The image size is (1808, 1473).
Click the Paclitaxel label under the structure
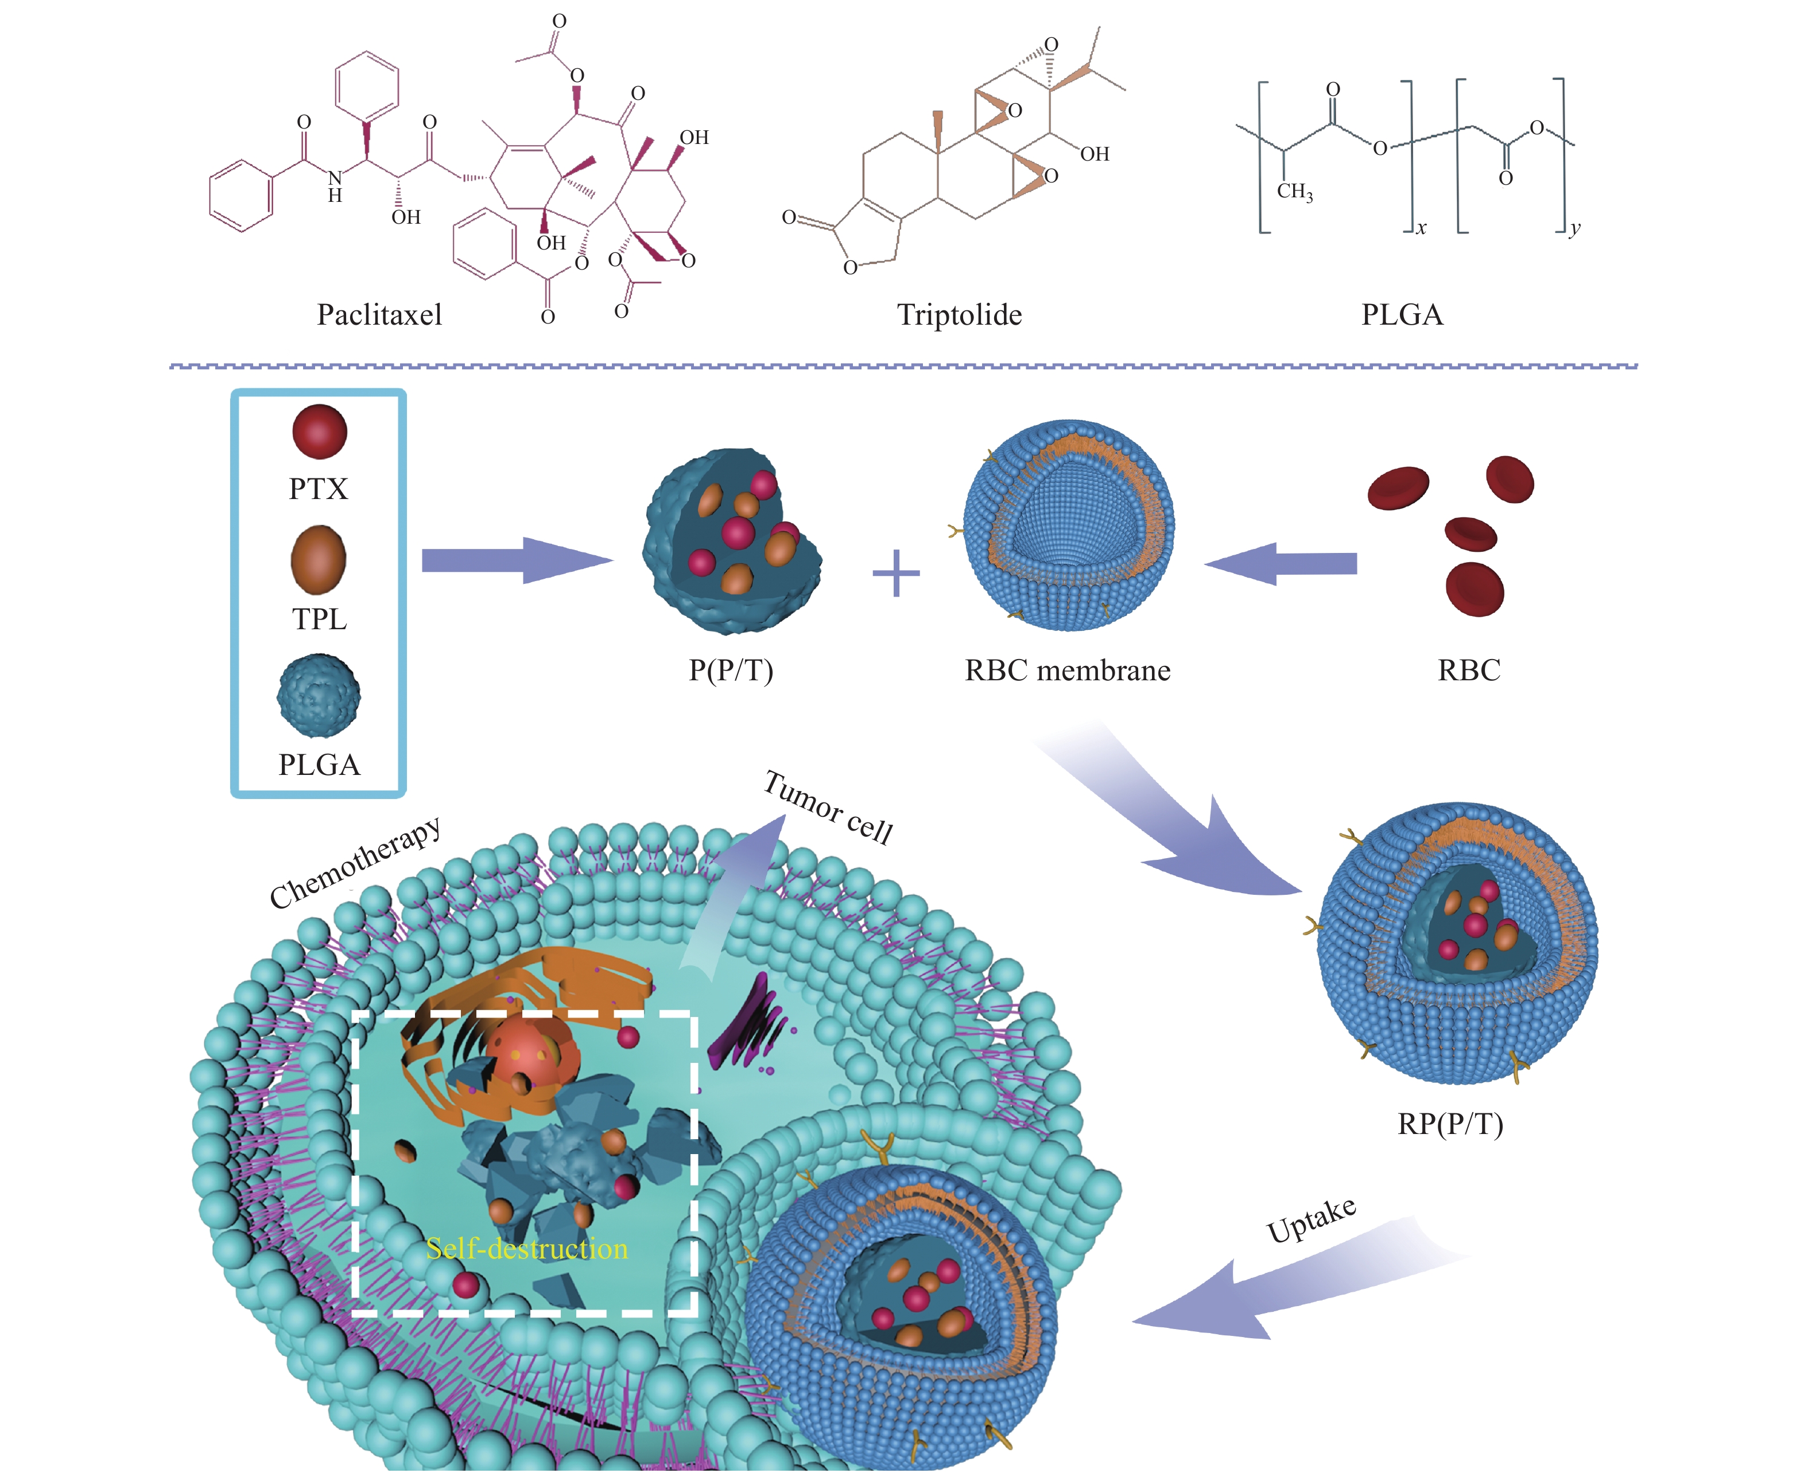[x=379, y=315]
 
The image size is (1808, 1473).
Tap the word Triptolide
[x=959, y=315]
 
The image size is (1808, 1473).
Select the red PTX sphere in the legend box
[x=319, y=431]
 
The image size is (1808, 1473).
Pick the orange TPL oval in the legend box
[x=319, y=559]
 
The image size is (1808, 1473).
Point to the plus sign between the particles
[x=895, y=573]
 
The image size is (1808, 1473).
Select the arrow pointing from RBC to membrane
[x=1282, y=563]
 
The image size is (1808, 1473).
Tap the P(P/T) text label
[x=730, y=671]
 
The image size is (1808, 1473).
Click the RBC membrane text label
[x=1067, y=671]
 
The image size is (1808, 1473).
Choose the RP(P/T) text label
[x=1450, y=1124]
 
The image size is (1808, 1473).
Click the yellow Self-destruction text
[x=526, y=1248]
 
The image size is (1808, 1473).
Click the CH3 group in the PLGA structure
[x=1294, y=192]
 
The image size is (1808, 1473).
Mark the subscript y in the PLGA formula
[x=1574, y=228]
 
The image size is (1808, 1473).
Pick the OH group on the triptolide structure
[x=1094, y=154]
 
